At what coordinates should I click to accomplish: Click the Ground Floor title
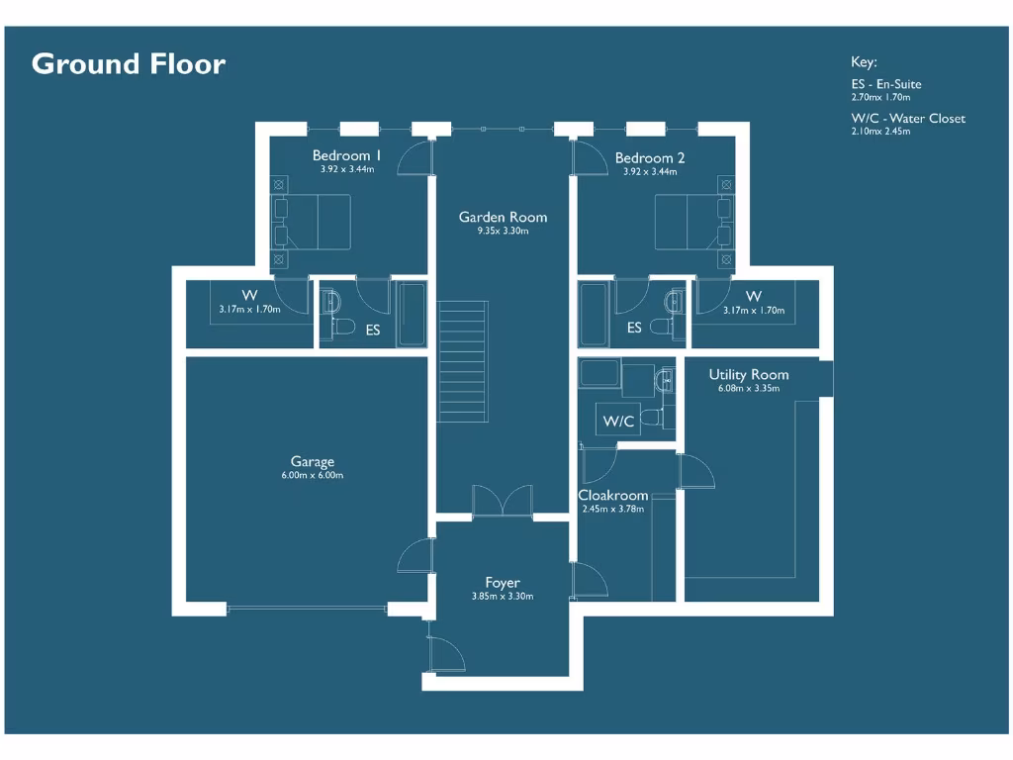tap(129, 64)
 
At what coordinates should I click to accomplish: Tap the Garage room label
tap(312, 461)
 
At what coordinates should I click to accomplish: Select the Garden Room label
tap(503, 217)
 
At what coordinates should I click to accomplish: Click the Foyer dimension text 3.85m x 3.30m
tap(503, 597)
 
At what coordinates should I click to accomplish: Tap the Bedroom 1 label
tap(346, 155)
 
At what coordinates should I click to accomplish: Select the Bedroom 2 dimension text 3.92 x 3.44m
tap(650, 171)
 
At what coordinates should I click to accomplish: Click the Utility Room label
tap(749, 374)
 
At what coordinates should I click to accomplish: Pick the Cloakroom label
tap(613, 495)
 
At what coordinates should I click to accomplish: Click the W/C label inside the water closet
tap(618, 422)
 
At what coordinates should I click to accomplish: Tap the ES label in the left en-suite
tap(373, 331)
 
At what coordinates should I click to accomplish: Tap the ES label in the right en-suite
tap(634, 328)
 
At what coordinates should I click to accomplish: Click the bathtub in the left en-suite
tap(411, 314)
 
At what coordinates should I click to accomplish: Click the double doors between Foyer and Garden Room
tap(503, 502)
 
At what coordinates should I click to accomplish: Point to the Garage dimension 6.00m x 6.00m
tap(312, 476)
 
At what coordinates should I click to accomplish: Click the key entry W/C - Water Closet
tap(907, 119)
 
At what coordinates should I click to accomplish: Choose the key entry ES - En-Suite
tap(885, 84)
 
